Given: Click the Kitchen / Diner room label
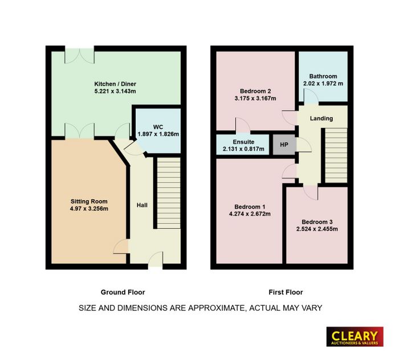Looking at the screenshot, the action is [x=115, y=84].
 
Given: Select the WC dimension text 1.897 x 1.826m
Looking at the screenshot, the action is [x=158, y=134].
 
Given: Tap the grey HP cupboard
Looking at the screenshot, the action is [x=284, y=144].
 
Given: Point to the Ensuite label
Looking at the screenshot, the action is [x=243, y=142].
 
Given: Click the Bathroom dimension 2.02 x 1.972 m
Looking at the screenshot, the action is [x=323, y=83].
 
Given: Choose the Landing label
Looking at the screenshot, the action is [x=321, y=118].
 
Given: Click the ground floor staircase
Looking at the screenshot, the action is [x=169, y=193].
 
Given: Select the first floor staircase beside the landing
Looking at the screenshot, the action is [x=336, y=155].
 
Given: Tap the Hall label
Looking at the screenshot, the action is [x=142, y=205].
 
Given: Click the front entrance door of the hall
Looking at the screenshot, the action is [x=156, y=259].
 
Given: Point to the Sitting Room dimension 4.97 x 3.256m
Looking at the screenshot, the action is [x=89, y=209].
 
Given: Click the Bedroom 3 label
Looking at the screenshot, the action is [x=317, y=222].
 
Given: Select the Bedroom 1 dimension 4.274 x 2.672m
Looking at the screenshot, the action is [x=250, y=214].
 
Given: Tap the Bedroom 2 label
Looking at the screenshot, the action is [x=255, y=91].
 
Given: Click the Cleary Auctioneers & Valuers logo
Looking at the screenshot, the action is [x=355, y=337].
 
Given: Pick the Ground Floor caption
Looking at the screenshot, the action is [x=123, y=292].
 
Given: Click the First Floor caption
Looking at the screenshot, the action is [x=286, y=292].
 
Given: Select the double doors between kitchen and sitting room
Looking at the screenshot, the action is [x=80, y=131].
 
